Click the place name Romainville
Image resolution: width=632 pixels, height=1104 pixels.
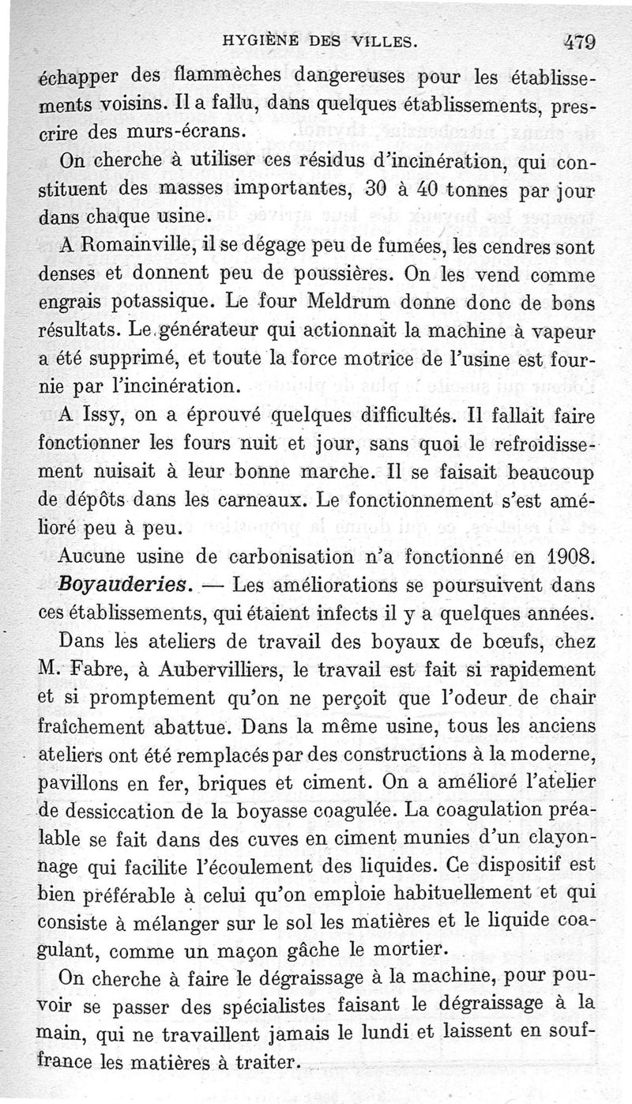coord(136,245)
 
